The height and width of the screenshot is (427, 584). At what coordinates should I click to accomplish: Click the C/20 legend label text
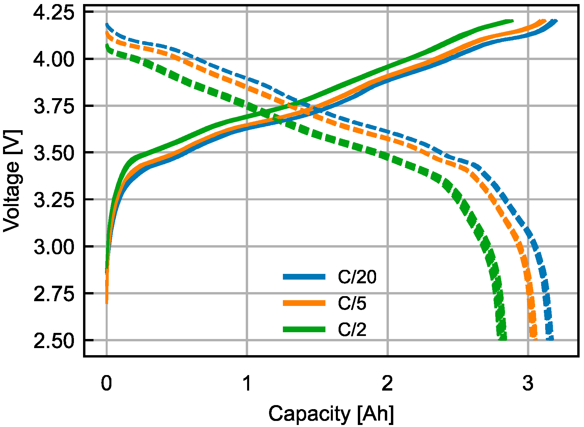[357, 277]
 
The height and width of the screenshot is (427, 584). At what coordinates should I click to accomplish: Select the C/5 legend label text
[352, 303]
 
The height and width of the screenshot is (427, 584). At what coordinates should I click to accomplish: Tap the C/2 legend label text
[352, 330]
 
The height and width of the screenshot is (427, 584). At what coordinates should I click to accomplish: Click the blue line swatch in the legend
[304, 277]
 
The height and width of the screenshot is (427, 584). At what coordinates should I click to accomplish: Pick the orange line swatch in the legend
[304, 303]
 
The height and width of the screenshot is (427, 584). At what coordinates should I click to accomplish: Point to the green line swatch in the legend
[304, 330]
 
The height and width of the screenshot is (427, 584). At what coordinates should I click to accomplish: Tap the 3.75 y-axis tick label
[54, 106]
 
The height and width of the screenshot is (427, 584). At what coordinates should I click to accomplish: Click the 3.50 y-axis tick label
[54, 153]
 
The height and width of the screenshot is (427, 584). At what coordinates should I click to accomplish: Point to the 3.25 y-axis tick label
[54, 200]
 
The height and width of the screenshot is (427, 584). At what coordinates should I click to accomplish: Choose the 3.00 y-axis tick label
[54, 247]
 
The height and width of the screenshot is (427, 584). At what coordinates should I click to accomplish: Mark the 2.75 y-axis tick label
[54, 294]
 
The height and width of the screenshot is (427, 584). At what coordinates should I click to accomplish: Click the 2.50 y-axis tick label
[54, 341]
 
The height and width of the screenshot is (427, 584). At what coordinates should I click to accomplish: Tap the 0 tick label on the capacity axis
[106, 383]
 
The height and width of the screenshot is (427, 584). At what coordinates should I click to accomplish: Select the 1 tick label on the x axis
[247, 383]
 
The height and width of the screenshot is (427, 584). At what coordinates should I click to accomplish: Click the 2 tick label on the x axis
[388, 383]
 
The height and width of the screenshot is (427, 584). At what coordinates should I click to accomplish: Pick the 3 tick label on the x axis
[528, 383]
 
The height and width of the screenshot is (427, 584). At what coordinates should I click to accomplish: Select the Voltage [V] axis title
[12, 181]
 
